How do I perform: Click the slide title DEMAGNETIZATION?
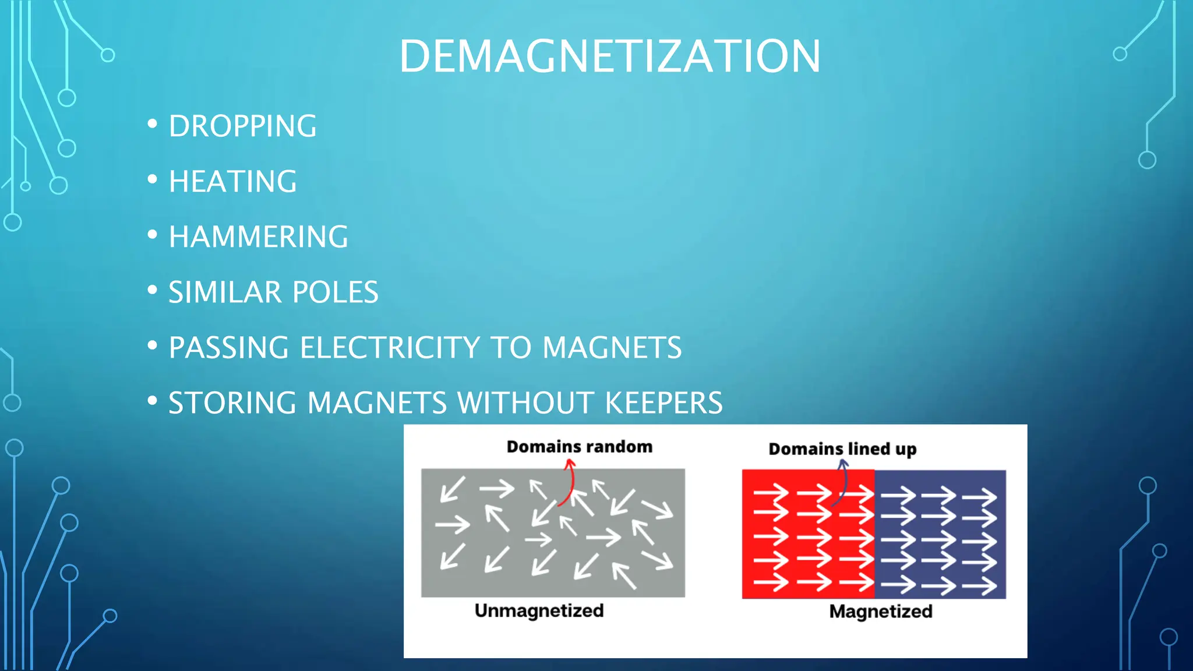tap(609, 56)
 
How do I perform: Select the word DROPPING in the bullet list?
tap(242, 126)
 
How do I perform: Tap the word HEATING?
tap(232, 181)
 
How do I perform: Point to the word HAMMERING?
tap(258, 236)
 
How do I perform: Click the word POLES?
tap(335, 292)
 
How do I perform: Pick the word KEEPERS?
tap(663, 403)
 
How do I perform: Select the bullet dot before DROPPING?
tap(153, 124)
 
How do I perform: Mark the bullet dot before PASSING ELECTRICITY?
tap(153, 345)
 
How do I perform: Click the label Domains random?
tap(579, 447)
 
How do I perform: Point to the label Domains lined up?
tap(842, 449)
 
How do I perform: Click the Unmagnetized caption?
tap(539, 610)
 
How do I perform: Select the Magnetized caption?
tap(881, 612)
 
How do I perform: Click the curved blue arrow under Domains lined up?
tap(842, 482)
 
